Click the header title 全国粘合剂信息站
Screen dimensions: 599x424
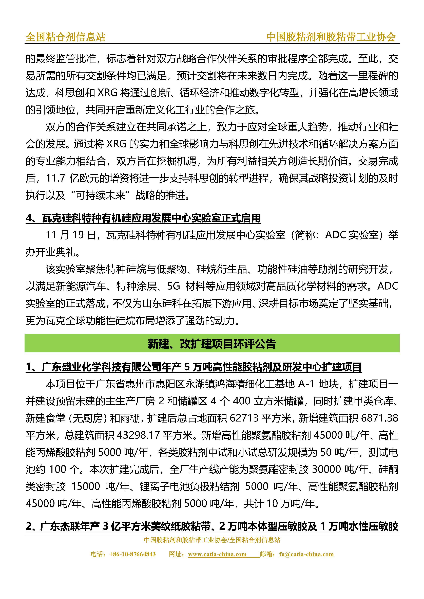pos(65,37)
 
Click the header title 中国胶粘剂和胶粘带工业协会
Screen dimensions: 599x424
pos(331,37)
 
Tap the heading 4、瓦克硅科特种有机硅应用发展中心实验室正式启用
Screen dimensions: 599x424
pos(143,218)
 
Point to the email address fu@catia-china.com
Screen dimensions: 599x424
pos(306,554)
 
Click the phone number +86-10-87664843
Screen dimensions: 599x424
pos(132,554)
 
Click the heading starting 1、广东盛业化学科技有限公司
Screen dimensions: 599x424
pos(193,367)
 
